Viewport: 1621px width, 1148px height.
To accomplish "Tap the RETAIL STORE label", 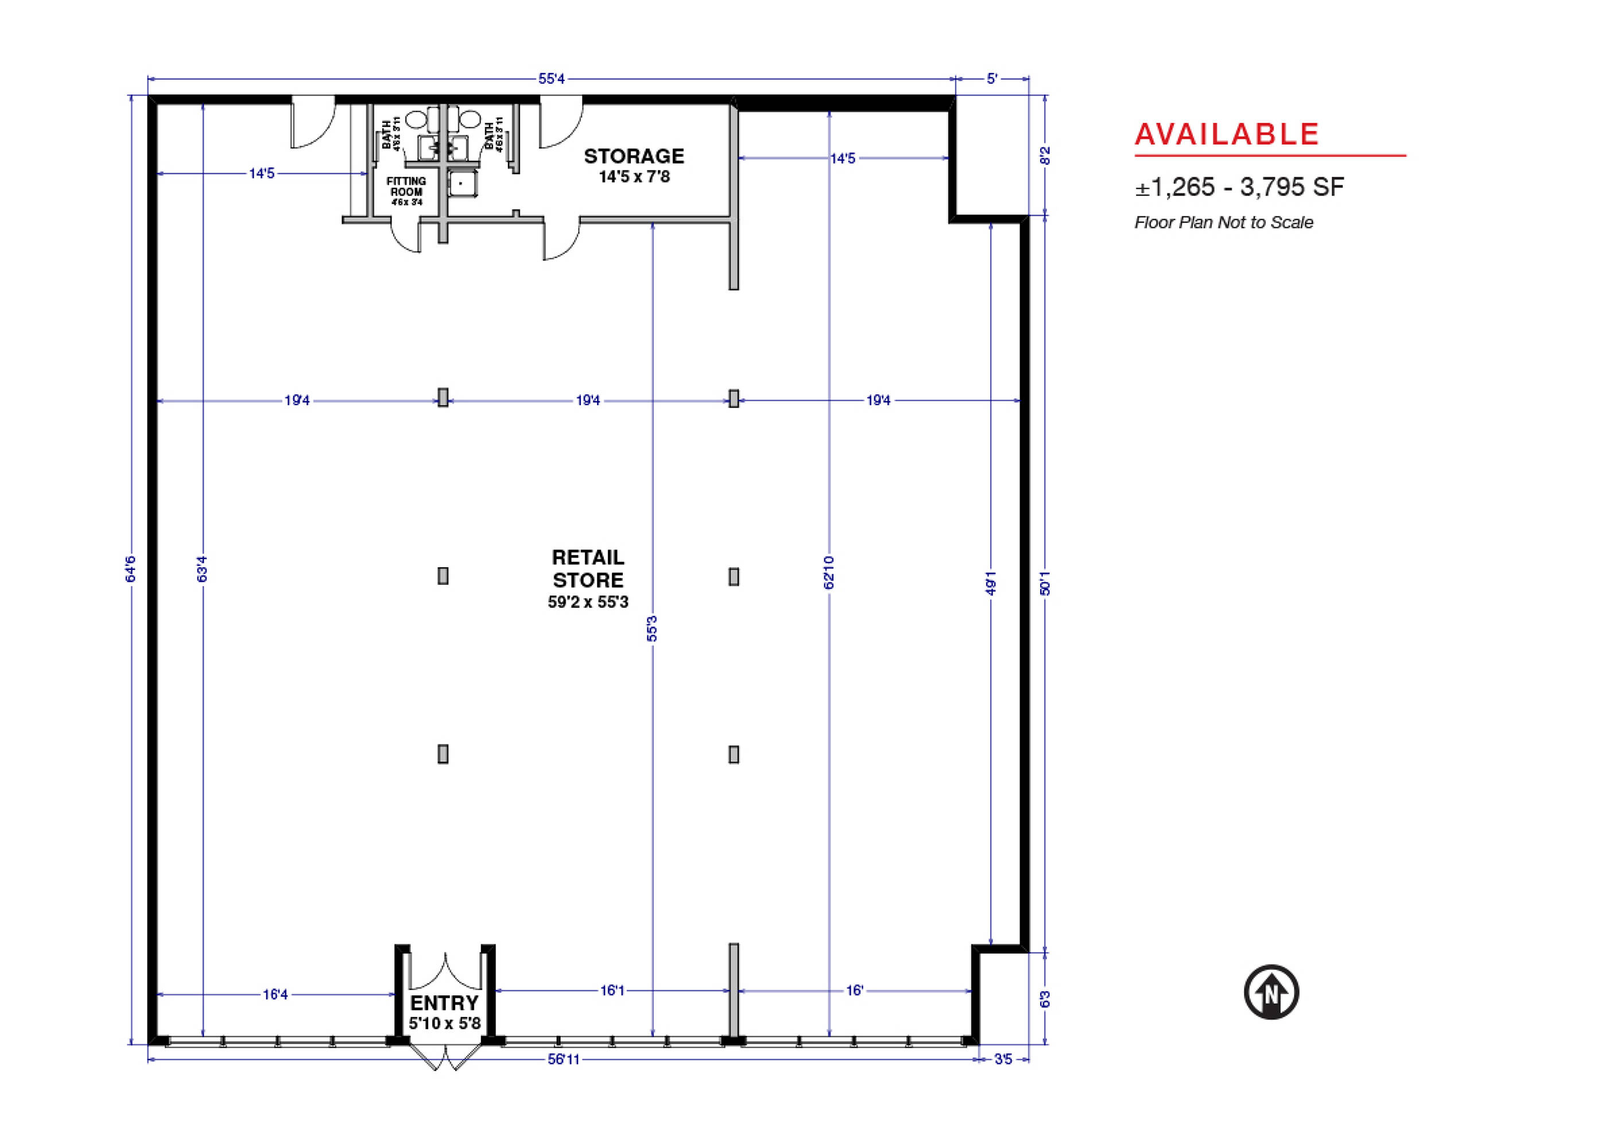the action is click(x=588, y=569).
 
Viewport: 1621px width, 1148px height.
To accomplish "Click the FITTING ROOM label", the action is click(x=406, y=187).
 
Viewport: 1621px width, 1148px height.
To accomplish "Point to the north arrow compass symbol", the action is click(x=1272, y=992).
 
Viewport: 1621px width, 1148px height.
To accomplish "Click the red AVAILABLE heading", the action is click(x=1227, y=134).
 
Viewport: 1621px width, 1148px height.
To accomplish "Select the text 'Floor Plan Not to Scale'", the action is click(x=1224, y=223).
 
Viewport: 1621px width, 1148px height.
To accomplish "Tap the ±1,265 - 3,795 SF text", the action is click(x=1240, y=187).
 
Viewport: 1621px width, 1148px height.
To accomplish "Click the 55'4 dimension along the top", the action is click(x=552, y=79).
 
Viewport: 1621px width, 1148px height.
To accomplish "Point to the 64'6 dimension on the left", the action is click(x=130, y=569).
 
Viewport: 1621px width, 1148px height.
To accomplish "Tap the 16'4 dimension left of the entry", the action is click(x=276, y=995).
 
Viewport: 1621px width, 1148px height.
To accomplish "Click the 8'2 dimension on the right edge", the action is click(x=1045, y=156).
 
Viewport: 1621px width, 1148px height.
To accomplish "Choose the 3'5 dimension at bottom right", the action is click(x=1003, y=1060).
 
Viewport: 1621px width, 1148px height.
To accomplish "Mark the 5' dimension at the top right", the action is click(x=992, y=79).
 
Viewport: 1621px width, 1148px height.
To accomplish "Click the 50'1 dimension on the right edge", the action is click(x=1045, y=583).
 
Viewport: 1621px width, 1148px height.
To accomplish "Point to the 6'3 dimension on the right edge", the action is click(x=1045, y=999).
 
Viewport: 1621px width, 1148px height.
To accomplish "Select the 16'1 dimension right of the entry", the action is click(x=612, y=990).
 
